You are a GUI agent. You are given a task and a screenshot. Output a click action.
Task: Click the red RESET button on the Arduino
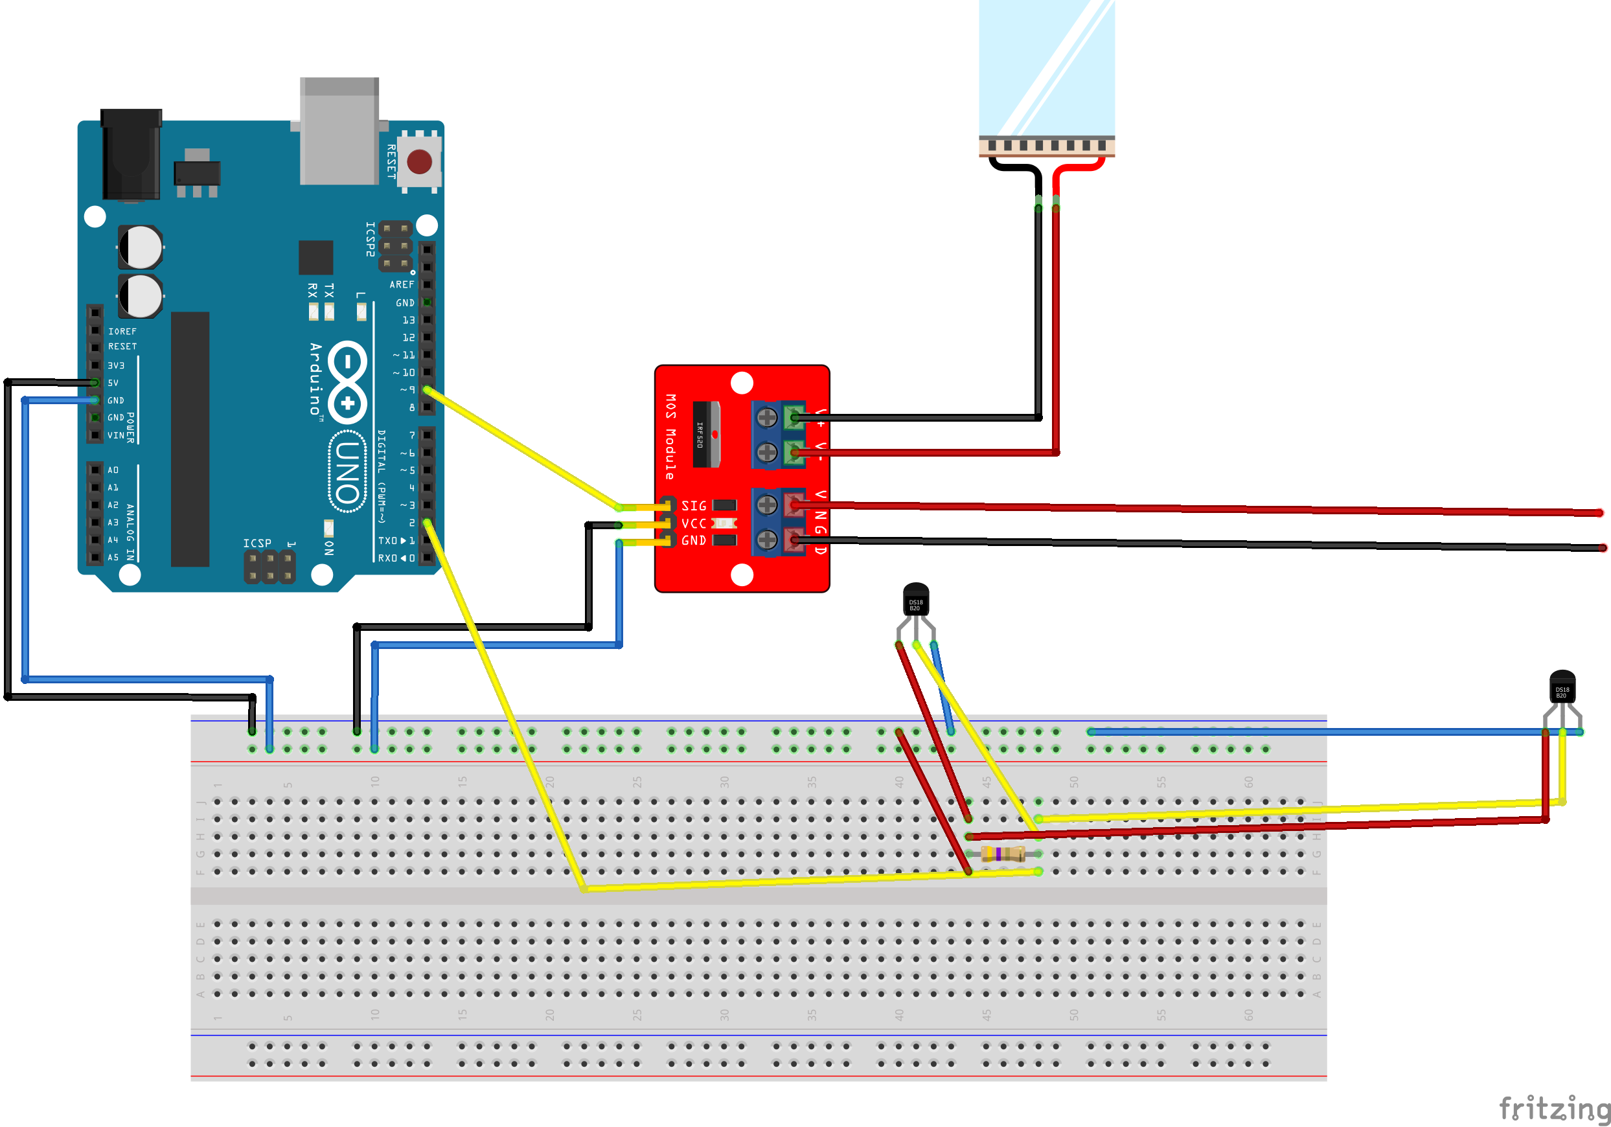point(420,161)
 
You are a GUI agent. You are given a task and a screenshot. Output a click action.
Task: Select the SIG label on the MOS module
point(694,506)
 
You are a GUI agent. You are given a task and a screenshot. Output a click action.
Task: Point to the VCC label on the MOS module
point(694,523)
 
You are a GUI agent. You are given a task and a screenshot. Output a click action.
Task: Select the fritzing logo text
point(1554,1109)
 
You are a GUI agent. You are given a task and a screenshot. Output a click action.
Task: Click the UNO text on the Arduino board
point(348,472)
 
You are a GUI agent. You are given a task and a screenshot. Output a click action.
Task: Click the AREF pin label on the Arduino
point(402,285)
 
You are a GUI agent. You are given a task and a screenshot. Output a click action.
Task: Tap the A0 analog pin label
point(113,470)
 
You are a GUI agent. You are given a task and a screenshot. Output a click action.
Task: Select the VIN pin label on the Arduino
point(116,436)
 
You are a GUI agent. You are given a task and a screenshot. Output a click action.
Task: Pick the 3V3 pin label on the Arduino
point(116,365)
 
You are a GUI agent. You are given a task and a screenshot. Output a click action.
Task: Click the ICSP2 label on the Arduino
point(371,239)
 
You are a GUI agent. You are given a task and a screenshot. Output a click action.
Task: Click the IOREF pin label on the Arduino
point(122,331)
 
